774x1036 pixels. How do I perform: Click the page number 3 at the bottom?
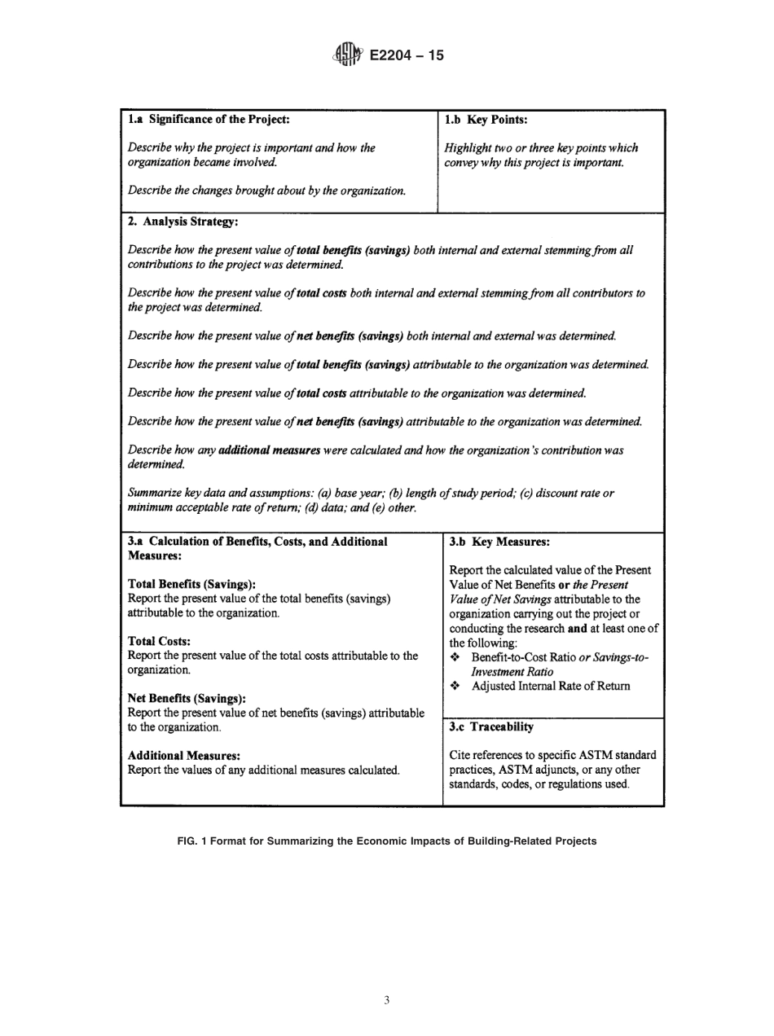(x=386, y=999)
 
